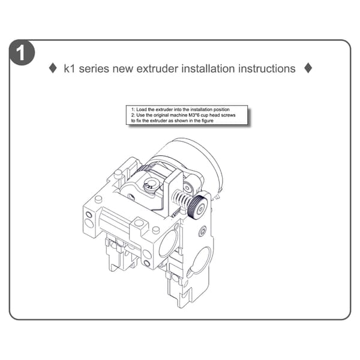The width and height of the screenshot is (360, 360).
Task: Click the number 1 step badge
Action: pos(22,53)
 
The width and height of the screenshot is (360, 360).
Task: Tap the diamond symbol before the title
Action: pos(53,68)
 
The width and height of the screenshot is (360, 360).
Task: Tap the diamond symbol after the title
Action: pos(308,68)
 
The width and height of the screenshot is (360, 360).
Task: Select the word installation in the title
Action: pos(208,68)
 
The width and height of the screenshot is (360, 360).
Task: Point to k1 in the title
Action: pos(70,68)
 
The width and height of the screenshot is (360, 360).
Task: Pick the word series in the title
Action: pos(94,69)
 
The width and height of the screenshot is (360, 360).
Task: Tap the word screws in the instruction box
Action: pos(228,115)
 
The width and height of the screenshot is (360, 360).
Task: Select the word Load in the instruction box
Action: pos(142,110)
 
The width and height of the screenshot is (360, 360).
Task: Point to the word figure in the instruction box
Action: pos(207,121)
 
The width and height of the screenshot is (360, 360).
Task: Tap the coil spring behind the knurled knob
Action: pos(182,199)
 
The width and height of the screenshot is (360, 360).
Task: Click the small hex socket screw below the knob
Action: pos(203,231)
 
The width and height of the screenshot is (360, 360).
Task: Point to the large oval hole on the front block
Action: pos(169,243)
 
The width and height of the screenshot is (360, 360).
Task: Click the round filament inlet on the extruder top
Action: pos(149,185)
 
